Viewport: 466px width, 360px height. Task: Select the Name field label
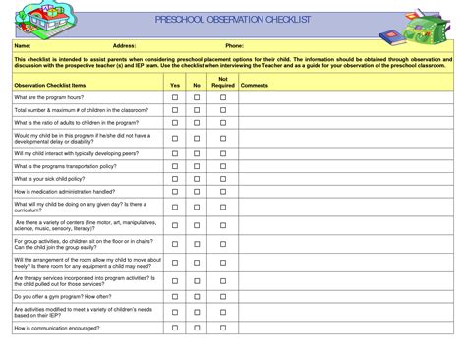pos(23,46)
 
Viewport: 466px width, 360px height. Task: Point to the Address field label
pos(124,46)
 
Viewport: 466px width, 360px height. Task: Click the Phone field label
pos(234,46)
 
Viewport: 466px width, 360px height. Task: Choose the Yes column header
pos(175,86)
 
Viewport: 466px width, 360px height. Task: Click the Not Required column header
pos(223,82)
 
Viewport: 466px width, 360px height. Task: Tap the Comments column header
pos(254,86)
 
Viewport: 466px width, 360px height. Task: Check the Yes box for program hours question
pos(175,98)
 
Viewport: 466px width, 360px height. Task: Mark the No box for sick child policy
pos(197,180)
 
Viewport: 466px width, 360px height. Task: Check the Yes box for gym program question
pos(175,295)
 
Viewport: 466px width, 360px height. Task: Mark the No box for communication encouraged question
pos(197,327)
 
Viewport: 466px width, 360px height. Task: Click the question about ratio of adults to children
pos(73,123)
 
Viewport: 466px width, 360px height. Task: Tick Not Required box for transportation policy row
pos(223,166)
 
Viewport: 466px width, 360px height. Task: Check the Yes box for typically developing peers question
pos(175,153)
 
